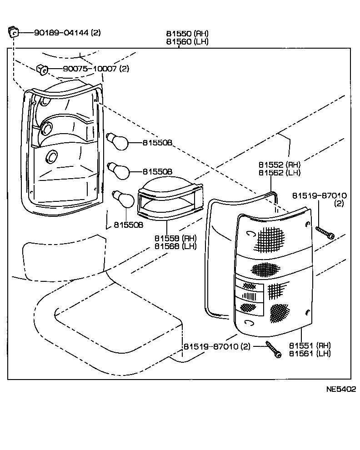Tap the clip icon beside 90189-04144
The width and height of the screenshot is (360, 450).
13,32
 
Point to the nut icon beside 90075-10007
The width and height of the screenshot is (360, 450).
42,69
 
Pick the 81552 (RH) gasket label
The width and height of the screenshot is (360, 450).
280,165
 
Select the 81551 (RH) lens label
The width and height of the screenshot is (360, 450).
311,345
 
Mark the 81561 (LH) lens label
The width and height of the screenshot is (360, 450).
311,353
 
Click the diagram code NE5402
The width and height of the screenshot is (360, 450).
340,389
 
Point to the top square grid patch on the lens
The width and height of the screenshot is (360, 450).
270,239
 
